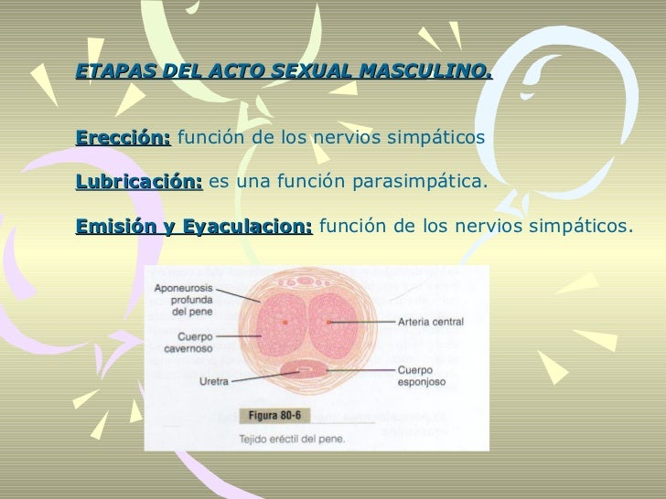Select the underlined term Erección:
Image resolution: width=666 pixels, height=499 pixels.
[124, 139]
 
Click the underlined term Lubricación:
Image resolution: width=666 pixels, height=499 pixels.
[139, 182]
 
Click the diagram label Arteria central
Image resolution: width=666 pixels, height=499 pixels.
[430, 322]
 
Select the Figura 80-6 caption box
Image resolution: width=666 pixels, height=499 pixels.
[275, 415]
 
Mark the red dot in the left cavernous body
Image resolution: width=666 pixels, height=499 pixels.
[285, 323]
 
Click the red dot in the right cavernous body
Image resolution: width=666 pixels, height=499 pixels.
[328, 323]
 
